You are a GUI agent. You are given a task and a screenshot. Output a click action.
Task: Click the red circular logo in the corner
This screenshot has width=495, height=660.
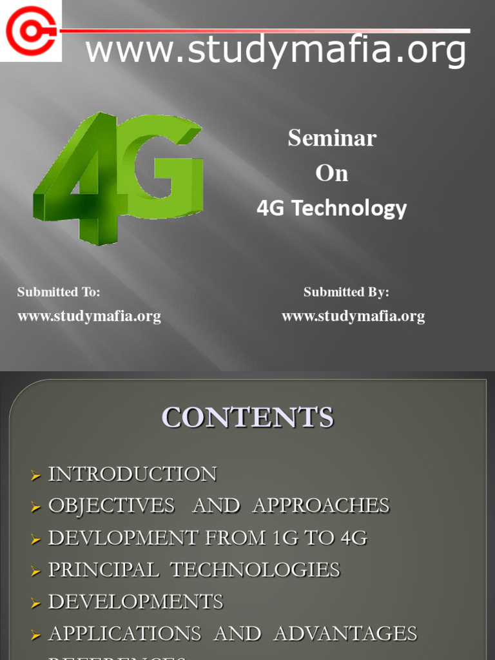point(30,30)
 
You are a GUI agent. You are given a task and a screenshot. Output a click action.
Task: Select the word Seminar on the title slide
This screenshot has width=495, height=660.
point(332,138)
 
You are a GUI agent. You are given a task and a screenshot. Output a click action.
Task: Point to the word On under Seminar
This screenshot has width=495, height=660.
point(332,173)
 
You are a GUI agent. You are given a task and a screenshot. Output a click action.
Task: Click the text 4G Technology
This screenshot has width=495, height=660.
point(332,208)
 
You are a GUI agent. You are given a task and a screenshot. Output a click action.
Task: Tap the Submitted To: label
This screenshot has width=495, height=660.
point(59,292)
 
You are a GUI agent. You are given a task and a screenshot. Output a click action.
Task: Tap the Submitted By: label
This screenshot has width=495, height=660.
point(346,292)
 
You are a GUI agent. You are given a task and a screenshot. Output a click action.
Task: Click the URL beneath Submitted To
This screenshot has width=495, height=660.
point(89,316)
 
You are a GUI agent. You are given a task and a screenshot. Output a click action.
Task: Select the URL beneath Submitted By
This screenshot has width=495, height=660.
point(353,316)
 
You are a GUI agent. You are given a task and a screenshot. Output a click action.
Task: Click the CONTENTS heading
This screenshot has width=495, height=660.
point(247,418)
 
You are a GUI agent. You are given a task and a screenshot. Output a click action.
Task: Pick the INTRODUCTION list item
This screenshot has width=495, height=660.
point(133,474)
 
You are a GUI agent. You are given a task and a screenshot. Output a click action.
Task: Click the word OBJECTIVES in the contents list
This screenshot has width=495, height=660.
point(112,506)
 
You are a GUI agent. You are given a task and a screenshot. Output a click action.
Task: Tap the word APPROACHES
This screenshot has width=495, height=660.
point(321,506)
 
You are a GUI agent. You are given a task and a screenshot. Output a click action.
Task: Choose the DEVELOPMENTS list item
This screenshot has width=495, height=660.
point(136,602)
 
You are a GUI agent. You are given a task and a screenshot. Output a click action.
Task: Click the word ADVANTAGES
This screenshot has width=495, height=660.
point(345,634)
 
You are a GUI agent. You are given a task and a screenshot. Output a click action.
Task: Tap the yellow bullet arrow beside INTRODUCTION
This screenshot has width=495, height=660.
point(35,476)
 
